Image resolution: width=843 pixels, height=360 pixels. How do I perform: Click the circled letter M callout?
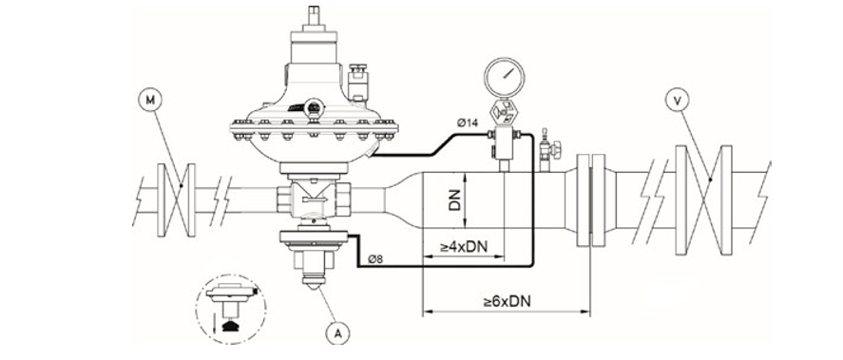150,98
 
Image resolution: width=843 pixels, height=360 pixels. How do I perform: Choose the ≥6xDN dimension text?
506,301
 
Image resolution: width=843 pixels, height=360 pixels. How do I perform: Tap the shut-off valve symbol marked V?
701,200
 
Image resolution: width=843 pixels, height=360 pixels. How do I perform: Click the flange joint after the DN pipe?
590,199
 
